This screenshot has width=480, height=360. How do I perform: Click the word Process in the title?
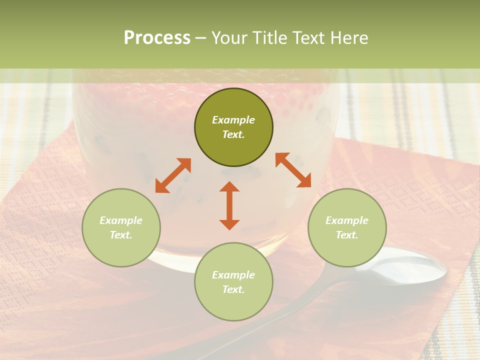pyautogui.click(x=157, y=38)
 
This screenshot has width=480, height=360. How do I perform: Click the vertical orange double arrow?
pyautogui.click(x=229, y=205)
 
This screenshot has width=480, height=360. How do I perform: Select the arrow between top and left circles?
pyautogui.click(x=173, y=175)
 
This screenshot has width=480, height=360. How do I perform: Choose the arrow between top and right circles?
pyautogui.click(x=293, y=170)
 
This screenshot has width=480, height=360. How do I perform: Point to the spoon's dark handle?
pyautogui.click(x=280, y=315)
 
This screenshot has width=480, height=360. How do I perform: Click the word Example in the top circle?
pyautogui.click(x=233, y=120)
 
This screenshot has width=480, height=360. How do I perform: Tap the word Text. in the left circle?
pyautogui.click(x=121, y=235)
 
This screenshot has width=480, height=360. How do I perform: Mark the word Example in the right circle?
pyautogui.click(x=347, y=220)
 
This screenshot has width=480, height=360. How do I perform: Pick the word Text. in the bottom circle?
pyautogui.click(x=233, y=289)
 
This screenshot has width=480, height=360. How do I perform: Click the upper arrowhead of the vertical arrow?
pyautogui.click(x=229, y=186)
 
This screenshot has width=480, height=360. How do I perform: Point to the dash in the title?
pyautogui.click(x=200, y=38)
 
